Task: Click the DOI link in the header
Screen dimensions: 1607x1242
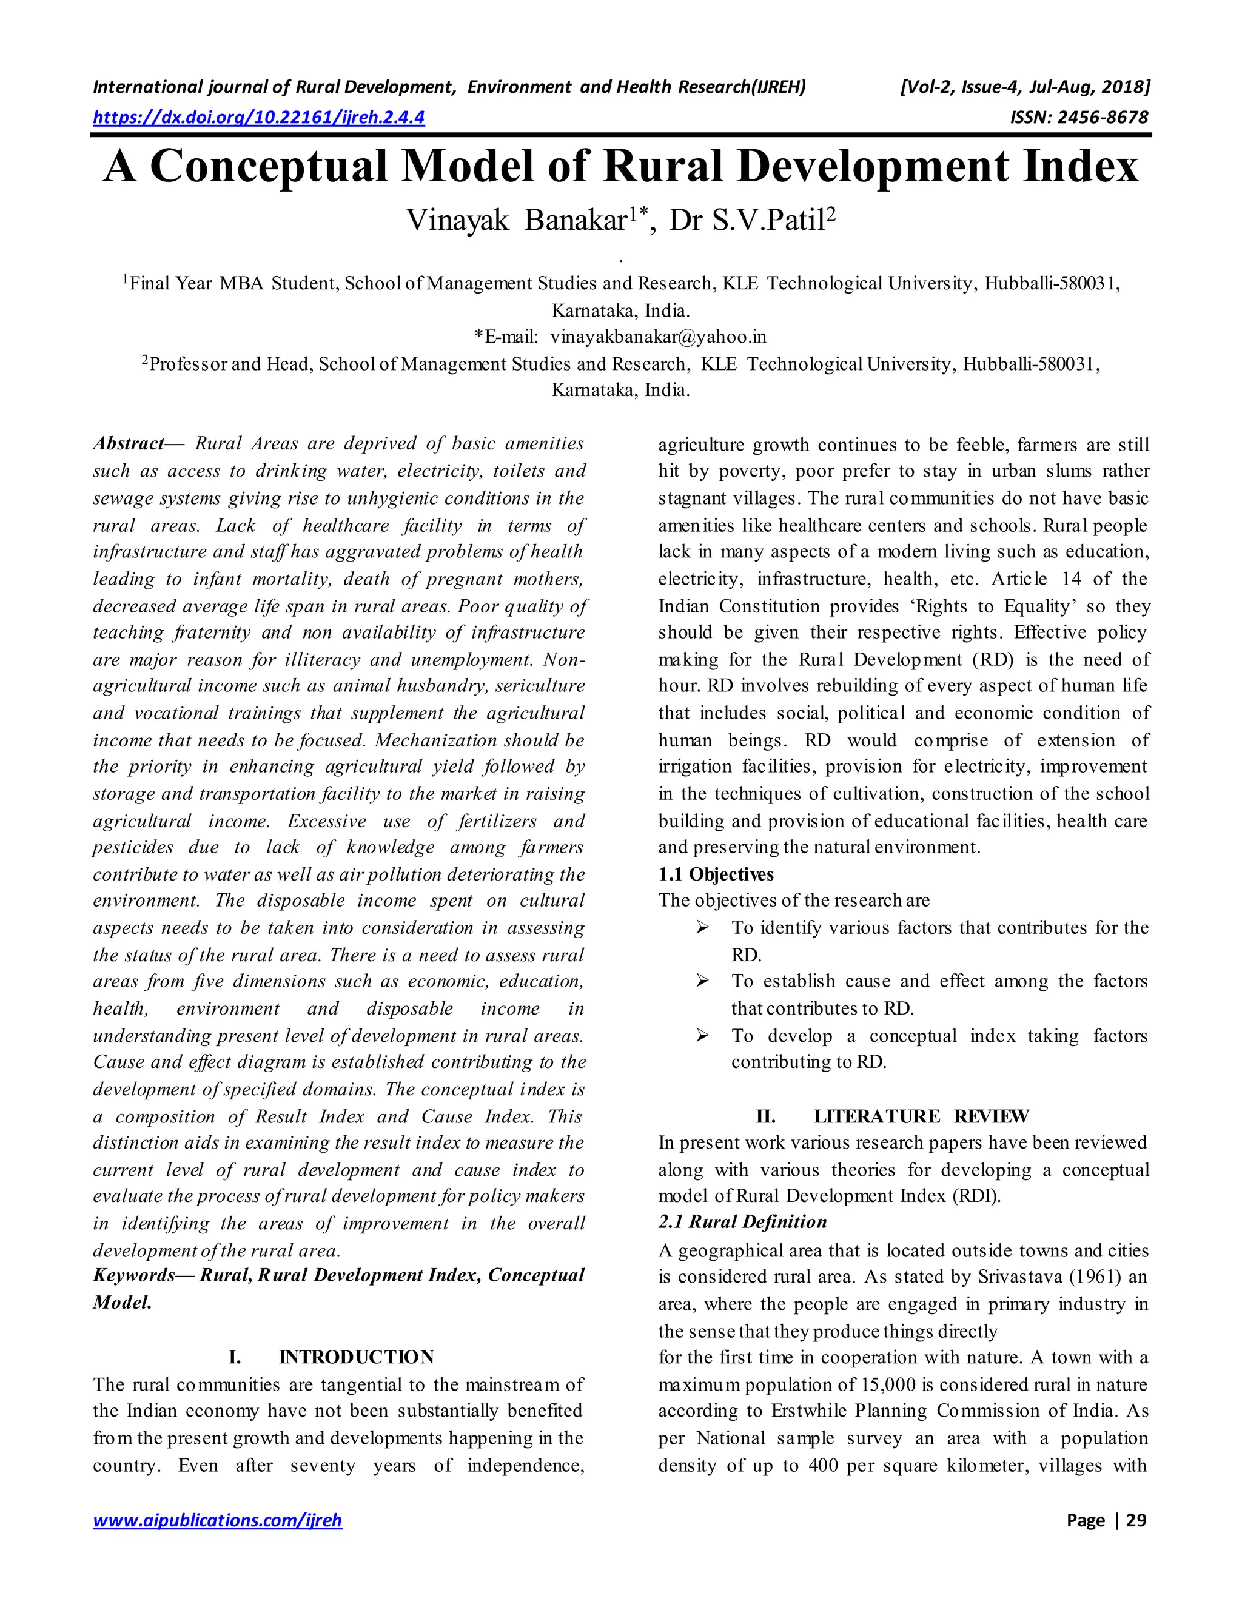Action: [x=258, y=117]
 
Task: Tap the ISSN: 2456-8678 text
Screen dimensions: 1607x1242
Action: [x=1079, y=117]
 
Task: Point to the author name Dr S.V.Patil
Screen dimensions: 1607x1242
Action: [x=752, y=220]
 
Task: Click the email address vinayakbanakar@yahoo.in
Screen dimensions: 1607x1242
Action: [x=658, y=337]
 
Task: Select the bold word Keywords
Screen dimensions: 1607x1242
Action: [x=134, y=1275]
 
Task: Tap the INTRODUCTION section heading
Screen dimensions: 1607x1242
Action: [x=356, y=1357]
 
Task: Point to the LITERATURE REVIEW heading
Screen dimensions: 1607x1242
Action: [x=921, y=1116]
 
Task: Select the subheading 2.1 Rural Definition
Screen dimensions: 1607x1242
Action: [x=742, y=1222]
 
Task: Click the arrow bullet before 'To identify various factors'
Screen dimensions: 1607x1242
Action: [x=703, y=928]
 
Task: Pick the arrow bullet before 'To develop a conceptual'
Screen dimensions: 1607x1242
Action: [x=703, y=1036]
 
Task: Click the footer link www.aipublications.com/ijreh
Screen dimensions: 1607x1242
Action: [x=217, y=1520]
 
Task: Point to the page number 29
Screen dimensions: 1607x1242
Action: [x=1135, y=1520]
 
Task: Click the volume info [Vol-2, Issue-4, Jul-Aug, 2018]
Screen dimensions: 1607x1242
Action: [x=1024, y=87]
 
